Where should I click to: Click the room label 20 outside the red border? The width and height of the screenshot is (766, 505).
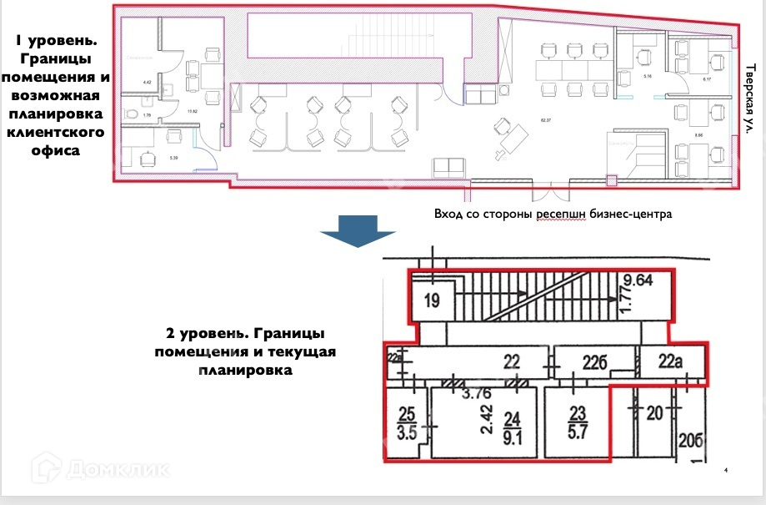point(654,411)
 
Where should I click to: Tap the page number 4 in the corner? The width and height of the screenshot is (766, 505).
point(725,472)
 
